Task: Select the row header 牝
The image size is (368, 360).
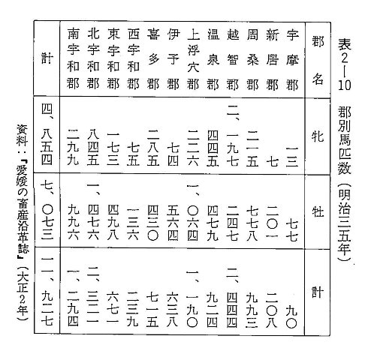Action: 318,136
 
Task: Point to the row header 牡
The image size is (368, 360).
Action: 318,212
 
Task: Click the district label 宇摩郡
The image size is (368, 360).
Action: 292,59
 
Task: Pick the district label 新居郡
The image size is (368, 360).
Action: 272,59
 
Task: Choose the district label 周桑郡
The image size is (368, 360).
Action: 252,59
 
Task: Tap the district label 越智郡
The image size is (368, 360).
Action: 232,59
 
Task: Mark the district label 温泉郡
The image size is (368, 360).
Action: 213,59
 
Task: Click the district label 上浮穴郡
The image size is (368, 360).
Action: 193,59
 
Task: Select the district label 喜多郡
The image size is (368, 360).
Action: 153,59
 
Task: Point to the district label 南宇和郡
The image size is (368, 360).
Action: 73,59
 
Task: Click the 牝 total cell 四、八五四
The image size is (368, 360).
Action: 47,134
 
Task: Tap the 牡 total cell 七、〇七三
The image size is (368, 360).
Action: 47,209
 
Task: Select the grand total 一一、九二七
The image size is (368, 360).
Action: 47,291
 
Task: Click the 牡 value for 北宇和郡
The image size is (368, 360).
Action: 93,211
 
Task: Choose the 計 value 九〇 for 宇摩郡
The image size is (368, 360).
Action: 292,317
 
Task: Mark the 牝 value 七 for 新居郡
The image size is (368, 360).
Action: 272,161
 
